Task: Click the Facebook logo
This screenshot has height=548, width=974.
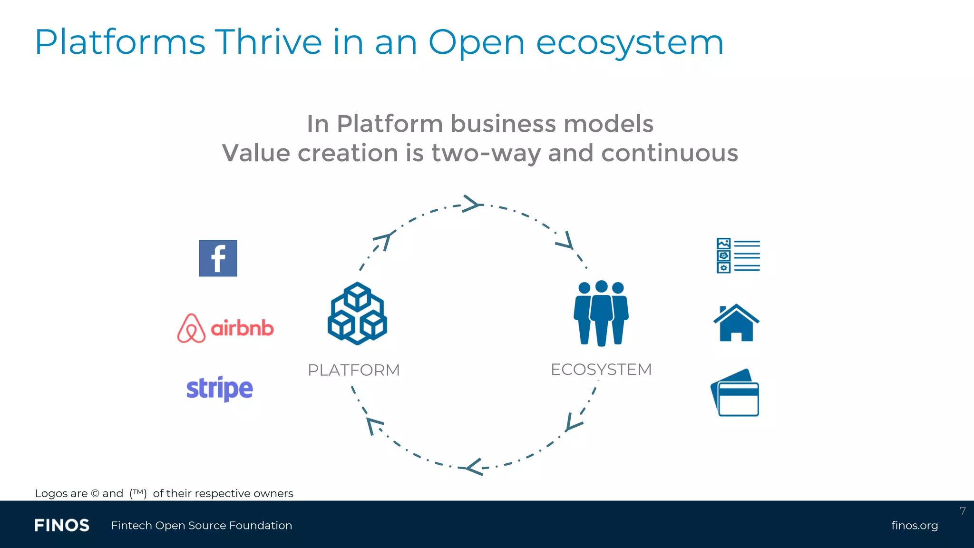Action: point(218,258)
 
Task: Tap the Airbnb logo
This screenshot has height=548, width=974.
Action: point(225,328)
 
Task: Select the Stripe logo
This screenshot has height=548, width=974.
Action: point(219,389)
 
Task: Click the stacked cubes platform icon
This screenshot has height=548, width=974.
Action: point(357,313)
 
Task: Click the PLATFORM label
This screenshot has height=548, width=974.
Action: point(353,370)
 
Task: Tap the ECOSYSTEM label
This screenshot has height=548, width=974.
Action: point(601,370)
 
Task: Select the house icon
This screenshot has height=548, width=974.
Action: point(736,323)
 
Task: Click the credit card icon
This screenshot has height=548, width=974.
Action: point(735,393)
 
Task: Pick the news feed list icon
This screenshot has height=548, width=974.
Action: point(738,255)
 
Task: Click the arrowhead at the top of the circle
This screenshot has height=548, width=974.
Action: point(472,204)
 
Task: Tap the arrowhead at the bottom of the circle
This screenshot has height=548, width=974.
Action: point(475,467)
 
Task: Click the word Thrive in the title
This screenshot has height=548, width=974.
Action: point(268,42)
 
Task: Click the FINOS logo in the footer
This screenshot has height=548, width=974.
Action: point(62,526)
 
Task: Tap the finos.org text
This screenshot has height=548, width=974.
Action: point(914,526)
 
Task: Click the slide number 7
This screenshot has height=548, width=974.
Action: point(963,511)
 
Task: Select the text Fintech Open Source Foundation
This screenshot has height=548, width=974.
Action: point(202,526)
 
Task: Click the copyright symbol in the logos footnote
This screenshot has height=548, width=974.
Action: point(95,494)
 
